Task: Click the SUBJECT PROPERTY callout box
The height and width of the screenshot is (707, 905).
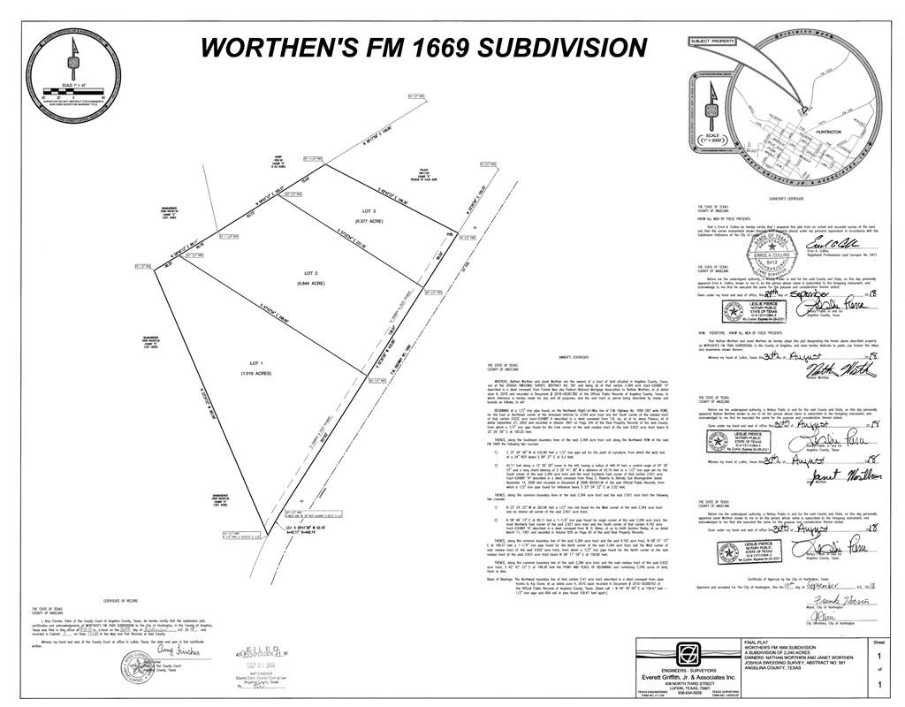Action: point(715,41)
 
